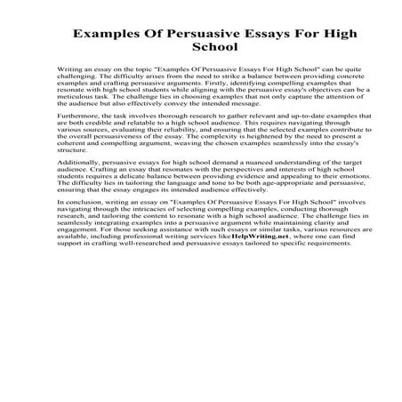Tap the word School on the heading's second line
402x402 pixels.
[200, 58]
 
